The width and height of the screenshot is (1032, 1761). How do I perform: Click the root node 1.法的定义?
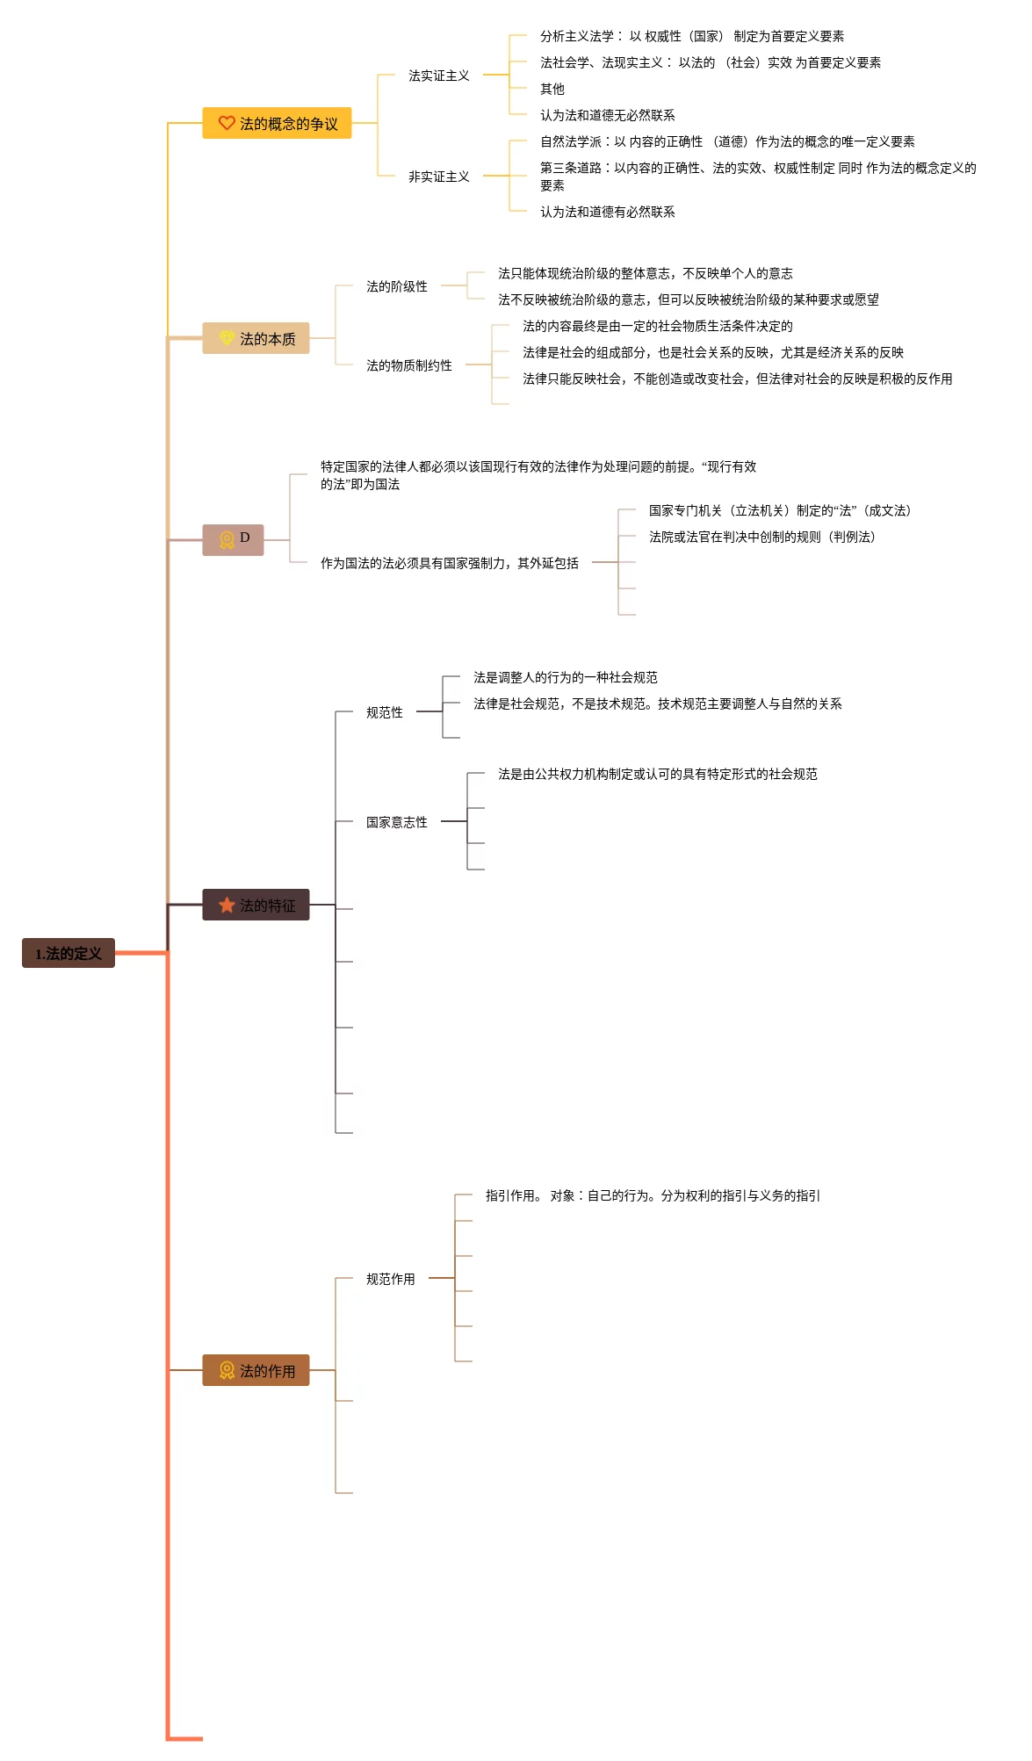(69, 953)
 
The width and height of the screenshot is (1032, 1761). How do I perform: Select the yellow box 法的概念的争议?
(277, 123)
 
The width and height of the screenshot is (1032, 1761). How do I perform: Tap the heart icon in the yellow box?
(227, 123)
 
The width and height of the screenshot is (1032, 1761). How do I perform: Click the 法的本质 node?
(256, 338)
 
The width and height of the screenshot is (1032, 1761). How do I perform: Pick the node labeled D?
(234, 539)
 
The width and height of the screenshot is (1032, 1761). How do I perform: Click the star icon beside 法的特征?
(227, 905)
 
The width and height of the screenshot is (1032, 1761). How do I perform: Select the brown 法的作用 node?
(256, 1370)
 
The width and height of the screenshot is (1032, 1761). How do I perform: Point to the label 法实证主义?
(438, 76)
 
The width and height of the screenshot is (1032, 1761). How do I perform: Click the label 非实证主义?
(438, 177)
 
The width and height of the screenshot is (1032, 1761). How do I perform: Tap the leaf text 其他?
(552, 89)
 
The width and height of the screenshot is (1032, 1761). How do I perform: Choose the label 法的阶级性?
(397, 286)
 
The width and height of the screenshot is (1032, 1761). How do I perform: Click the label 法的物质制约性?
(409, 365)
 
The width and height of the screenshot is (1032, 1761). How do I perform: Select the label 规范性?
(385, 712)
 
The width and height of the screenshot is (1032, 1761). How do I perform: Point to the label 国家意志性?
(397, 822)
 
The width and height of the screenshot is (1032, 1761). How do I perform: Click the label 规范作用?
(391, 1279)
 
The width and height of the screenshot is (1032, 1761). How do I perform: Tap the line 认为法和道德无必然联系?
(608, 115)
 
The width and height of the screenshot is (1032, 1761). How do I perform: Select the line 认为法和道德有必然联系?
(608, 212)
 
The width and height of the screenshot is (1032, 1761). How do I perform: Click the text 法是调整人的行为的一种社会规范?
(566, 677)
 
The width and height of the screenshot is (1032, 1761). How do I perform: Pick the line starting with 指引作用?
(653, 1195)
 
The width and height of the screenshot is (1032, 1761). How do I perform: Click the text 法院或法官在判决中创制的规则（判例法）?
(762, 537)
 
